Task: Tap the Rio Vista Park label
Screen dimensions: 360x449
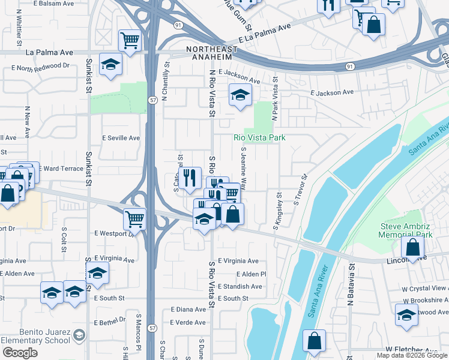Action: point(259,137)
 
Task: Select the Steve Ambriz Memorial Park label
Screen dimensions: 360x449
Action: point(405,230)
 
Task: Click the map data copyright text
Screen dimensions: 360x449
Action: point(412,355)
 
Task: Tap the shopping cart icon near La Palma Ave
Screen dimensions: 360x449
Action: point(129,41)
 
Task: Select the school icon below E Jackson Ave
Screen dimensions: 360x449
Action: point(240,95)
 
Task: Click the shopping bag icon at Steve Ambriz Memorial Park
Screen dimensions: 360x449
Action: point(413,247)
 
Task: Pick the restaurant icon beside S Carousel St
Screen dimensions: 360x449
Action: point(190,178)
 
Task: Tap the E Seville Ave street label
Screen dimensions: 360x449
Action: point(121,138)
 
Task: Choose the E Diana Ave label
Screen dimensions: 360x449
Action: point(188,310)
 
